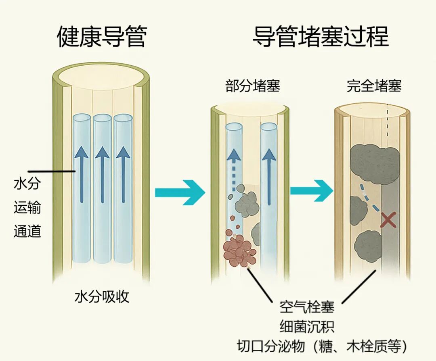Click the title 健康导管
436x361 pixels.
click(101, 37)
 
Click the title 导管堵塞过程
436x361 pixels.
click(321, 37)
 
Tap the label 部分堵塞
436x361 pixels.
click(253, 86)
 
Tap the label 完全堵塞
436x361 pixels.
click(374, 86)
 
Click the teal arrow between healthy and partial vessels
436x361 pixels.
click(180, 193)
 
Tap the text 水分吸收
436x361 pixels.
click(102, 296)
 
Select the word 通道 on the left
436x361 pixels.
click(27, 232)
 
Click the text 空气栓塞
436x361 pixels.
click(307, 307)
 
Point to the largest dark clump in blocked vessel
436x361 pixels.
click(375, 164)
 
